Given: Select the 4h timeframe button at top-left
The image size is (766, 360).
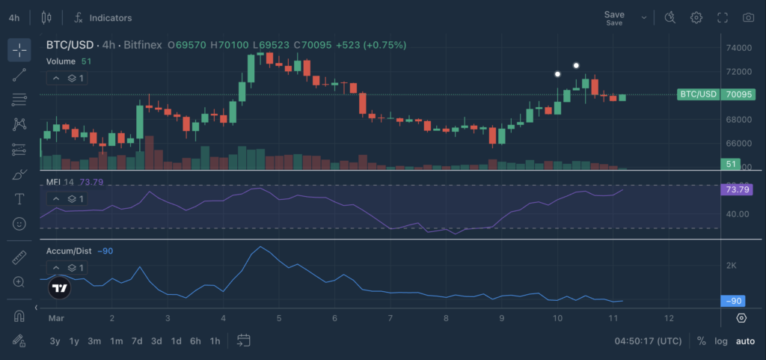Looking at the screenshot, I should pyautogui.click(x=14, y=17).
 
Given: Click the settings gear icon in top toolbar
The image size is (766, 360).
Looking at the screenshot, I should pyautogui.click(x=696, y=17).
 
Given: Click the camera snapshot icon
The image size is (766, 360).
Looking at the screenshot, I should pyautogui.click(x=748, y=17).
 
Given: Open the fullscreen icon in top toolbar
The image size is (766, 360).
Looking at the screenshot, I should pyautogui.click(x=723, y=17).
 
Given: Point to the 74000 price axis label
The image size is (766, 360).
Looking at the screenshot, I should pyautogui.click(x=739, y=48).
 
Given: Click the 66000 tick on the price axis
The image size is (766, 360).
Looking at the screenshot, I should pyautogui.click(x=739, y=143).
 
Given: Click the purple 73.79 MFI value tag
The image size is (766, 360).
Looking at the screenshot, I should pyautogui.click(x=738, y=189).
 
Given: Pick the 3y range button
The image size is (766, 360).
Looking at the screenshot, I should pyautogui.click(x=55, y=341).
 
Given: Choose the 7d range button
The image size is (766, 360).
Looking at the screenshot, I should pyautogui.click(x=136, y=341).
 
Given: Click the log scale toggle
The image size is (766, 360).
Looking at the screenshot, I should pyautogui.click(x=721, y=341).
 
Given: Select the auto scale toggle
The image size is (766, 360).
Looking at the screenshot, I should pyautogui.click(x=745, y=341).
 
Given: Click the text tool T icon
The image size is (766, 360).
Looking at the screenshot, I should pyautogui.click(x=19, y=199).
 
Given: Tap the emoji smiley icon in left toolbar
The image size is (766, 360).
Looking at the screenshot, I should pyautogui.click(x=19, y=223).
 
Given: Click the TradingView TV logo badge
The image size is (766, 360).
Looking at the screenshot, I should pyautogui.click(x=60, y=287).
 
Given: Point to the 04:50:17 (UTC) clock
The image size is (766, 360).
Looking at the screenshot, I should pyautogui.click(x=648, y=341).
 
